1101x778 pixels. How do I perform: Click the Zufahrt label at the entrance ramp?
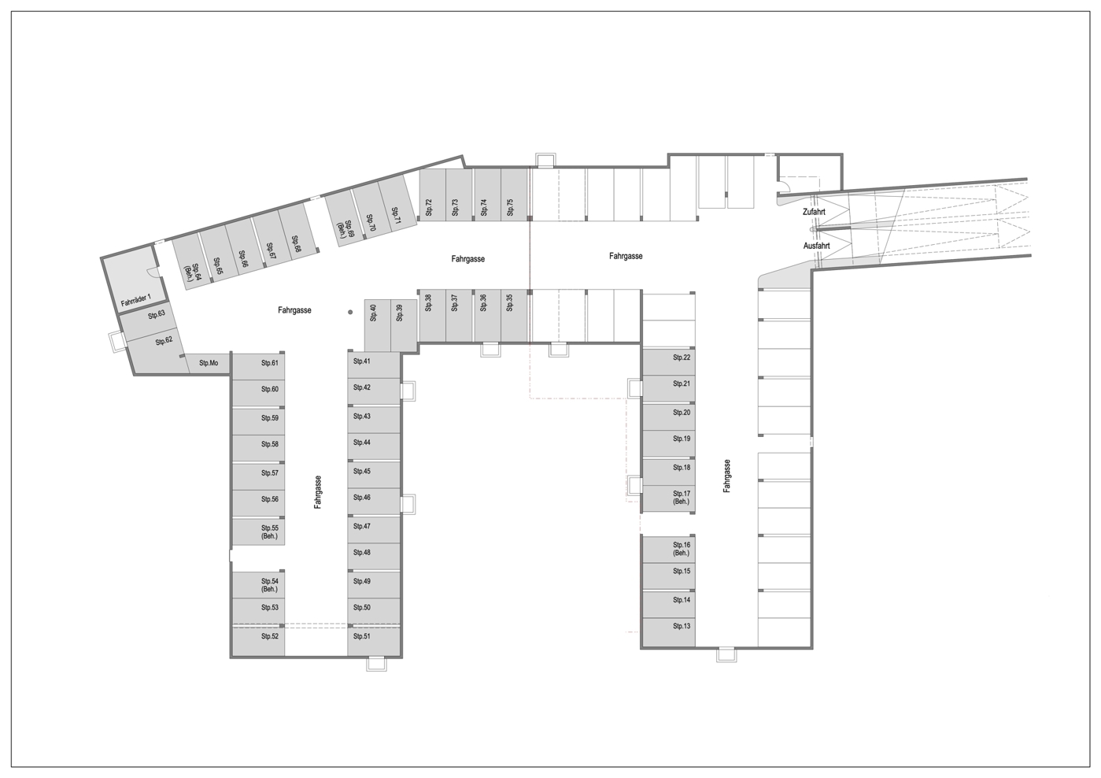pos(814,212)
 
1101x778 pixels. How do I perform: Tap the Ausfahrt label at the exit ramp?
pos(816,246)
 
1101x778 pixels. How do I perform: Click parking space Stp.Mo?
pos(209,364)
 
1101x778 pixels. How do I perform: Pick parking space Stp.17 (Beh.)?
pos(668,499)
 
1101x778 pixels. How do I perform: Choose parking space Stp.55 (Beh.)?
pos(259,532)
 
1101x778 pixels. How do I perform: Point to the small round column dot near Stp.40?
pos(350,312)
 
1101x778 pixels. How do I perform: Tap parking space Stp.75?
pos(515,194)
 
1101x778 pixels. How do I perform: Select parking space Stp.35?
pos(514,315)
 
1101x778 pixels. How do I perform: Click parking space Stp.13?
pos(668,632)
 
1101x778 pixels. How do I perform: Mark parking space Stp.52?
pos(259,641)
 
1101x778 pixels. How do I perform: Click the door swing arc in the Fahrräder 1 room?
pos(153,272)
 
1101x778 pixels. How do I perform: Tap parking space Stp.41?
pos(374,365)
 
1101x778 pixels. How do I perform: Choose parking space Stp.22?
pos(668,362)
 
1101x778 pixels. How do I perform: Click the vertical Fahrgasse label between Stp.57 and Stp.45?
pos(318,492)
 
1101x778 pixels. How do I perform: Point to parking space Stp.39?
pos(404,325)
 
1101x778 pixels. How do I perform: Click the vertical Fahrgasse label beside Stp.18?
pos(726,476)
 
